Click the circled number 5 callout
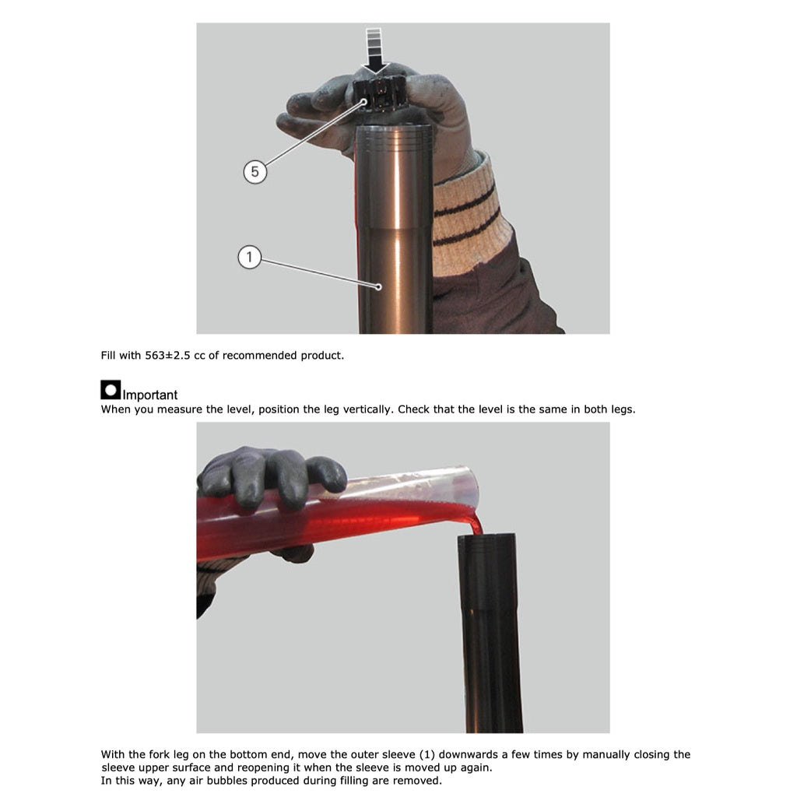pos(255,172)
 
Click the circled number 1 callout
pos(250,257)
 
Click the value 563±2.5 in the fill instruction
pos(168,355)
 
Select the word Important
pos(150,395)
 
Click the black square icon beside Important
pos(111,390)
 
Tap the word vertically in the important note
pos(367,409)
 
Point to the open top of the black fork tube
pos(486,537)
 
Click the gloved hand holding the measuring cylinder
pos(271,477)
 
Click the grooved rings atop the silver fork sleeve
pos(394,136)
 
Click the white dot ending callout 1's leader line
pos(379,287)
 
